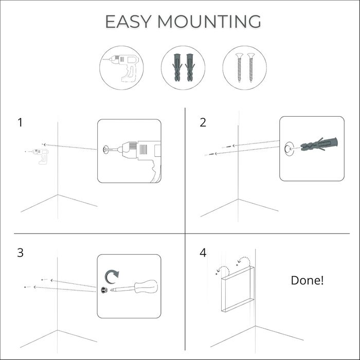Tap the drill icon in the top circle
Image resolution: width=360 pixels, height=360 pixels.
[x=121, y=68]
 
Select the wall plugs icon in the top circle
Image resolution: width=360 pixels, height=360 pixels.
[x=183, y=67]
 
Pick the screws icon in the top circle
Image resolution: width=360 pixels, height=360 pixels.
[x=245, y=67]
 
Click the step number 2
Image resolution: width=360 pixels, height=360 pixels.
[x=203, y=122]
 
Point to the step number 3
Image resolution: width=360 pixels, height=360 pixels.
[x=20, y=253]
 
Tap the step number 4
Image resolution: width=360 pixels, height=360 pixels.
[x=203, y=253]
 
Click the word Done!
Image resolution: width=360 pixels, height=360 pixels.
[x=307, y=280]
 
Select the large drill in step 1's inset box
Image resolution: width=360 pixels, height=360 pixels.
[x=141, y=154]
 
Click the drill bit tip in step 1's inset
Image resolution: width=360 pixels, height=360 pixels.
[x=106, y=150]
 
